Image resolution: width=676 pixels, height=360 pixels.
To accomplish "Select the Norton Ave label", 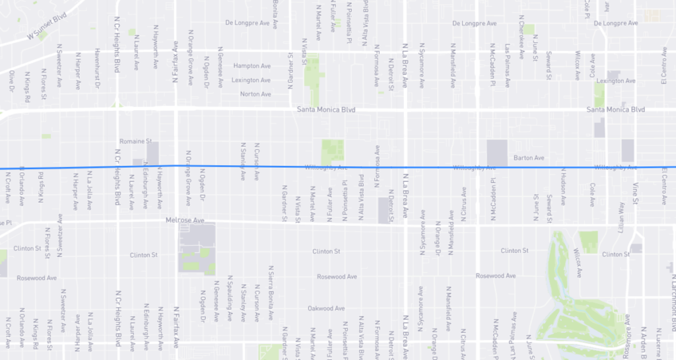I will tap(255, 94).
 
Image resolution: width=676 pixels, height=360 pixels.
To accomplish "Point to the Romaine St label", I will tap(135, 141).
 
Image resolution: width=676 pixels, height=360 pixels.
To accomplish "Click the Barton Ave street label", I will tap(528, 159).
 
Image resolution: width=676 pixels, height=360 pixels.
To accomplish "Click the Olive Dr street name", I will tap(11, 82).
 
